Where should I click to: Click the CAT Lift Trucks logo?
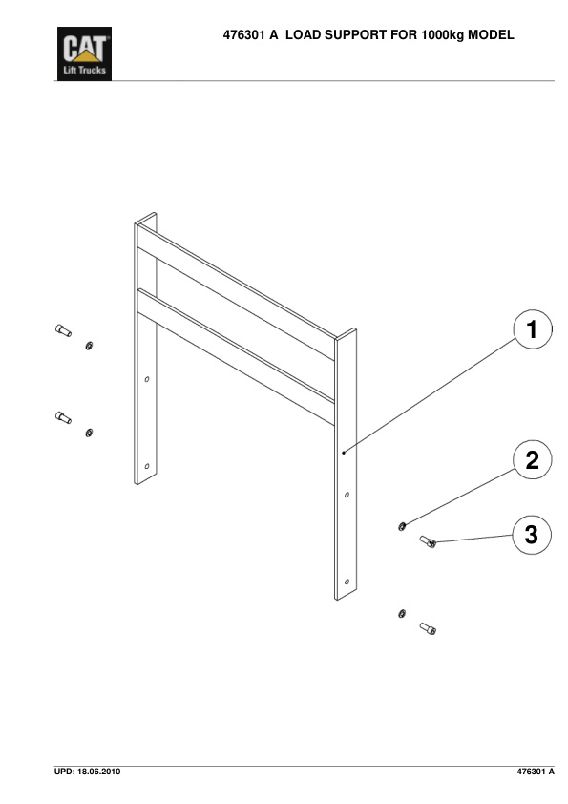tap(84, 53)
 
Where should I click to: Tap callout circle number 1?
tap(533, 329)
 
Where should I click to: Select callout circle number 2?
tap(533, 460)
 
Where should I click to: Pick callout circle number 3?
tap(532, 535)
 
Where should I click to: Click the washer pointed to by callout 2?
tap(402, 526)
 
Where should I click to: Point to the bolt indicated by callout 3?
tap(428, 541)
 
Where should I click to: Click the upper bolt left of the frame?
tap(63, 330)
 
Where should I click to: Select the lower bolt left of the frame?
tap(63, 417)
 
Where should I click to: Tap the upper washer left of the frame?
tap(89, 346)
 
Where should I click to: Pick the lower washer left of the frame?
tap(89, 434)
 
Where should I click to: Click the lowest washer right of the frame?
tap(402, 613)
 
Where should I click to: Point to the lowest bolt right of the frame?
tap(428, 628)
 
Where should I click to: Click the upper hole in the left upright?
tap(147, 379)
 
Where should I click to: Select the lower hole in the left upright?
tap(147, 467)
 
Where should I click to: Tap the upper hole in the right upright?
tap(347, 495)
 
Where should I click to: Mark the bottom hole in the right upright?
tap(347, 582)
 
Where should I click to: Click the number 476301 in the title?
tap(244, 35)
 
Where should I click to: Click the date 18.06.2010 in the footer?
tap(99, 772)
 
